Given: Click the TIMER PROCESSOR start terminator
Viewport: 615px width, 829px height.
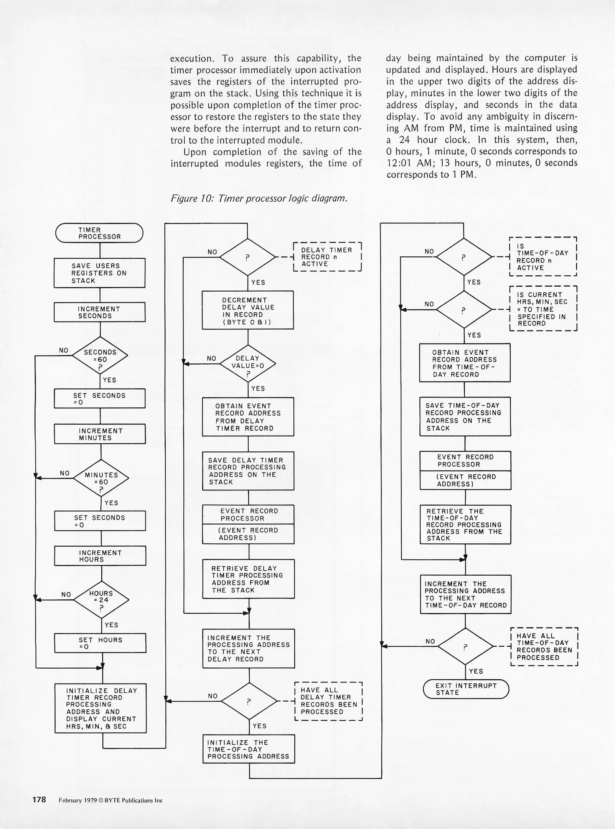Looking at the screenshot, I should pyautogui.click(x=99, y=233).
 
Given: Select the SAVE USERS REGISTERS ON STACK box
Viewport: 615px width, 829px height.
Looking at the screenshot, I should pyautogui.click(x=99, y=273).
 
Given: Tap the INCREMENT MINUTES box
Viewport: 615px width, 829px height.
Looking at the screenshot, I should pyautogui.click(x=100, y=434).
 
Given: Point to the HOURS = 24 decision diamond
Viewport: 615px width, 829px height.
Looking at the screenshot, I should pyautogui.click(x=101, y=599).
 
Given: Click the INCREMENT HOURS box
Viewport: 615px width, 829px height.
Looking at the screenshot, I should pyautogui.click(x=100, y=556).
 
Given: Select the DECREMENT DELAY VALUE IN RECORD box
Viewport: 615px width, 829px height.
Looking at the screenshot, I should pyautogui.click(x=248, y=310).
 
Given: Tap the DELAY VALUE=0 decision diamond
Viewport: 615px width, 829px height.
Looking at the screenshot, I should pyautogui.click(x=248, y=363).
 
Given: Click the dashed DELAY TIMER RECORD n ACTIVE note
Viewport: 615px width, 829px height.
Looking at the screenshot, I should pyautogui.click(x=327, y=257).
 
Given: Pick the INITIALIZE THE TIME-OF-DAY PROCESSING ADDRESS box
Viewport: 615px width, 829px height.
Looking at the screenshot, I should pyautogui.click(x=249, y=749).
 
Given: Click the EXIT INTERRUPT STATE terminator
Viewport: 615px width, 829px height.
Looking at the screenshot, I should pyautogui.click(x=466, y=689).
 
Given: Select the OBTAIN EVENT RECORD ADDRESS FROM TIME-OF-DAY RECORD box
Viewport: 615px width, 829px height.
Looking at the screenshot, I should pyautogui.click(x=465, y=363).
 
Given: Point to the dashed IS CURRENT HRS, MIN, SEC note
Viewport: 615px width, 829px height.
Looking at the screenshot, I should pyautogui.click(x=543, y=309).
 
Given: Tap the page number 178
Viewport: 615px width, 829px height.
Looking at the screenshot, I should pyautogui.click(x=39, y=800).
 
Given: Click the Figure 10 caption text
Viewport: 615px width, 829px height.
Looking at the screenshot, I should pyautogui.click(x=259, y=198).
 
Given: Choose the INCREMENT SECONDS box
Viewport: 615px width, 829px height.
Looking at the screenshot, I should pyautogui.click(x=99, y=312).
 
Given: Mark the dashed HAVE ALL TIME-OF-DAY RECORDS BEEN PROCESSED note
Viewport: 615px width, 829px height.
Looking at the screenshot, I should pyautogui.click(x=544, y=647).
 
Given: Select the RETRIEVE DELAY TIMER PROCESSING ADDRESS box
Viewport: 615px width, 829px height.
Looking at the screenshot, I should pyautogui.click(x=249, y=579).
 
